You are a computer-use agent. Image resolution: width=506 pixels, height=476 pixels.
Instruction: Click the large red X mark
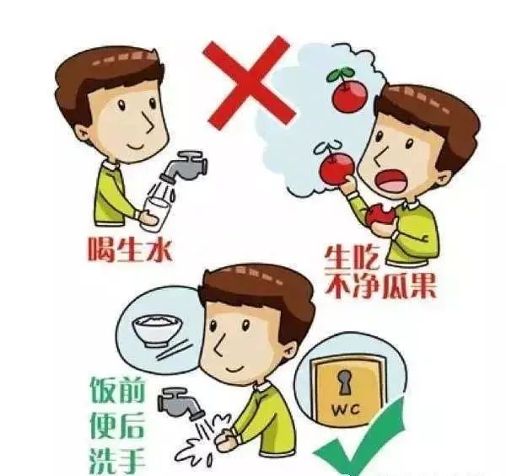point(249,83)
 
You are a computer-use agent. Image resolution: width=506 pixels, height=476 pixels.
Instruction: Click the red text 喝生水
point(130,250)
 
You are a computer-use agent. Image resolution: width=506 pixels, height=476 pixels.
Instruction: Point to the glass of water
point(154,213)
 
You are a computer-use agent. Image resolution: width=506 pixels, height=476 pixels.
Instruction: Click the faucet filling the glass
point(184,166)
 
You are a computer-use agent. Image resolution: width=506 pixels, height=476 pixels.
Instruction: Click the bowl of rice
point(158,331)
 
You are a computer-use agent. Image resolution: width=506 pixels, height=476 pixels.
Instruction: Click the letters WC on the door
point(346,410)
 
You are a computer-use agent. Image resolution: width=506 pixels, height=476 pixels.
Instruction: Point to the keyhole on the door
point(345,382)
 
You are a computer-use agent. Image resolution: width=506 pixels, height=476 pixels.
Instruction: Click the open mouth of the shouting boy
point(392,181)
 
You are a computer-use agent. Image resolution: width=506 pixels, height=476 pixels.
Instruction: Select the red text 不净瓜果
point(380,286)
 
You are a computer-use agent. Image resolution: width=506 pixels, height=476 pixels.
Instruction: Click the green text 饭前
point(117,391)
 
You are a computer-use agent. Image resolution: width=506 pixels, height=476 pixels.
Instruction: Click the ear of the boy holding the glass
point(82,133)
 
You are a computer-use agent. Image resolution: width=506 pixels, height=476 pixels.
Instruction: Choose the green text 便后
point(117,425)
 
